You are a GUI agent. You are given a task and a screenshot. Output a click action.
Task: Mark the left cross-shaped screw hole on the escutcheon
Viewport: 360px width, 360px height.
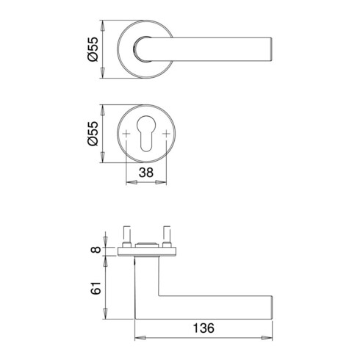click(x=128, y=134)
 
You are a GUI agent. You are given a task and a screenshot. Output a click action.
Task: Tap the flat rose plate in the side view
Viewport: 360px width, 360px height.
click(x=149, y=253)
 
